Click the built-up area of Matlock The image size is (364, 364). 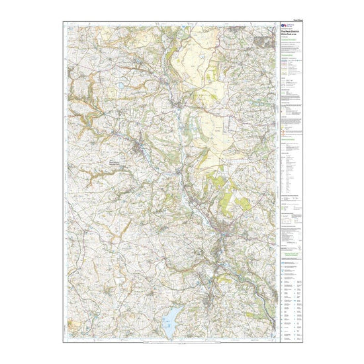[232, 232]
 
